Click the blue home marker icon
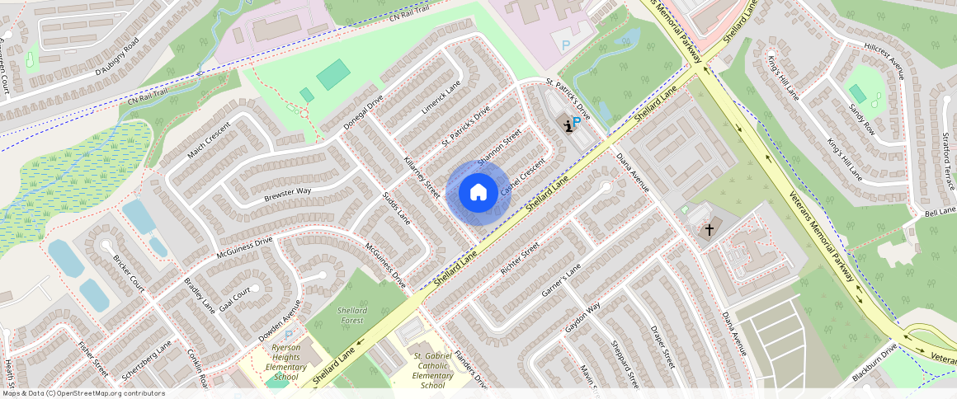(x=477, y=193)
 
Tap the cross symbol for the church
(x=709, y=230)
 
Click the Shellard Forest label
(x=352, y=315)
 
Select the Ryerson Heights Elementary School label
(x=285, y=363)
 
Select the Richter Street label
(x=519, y=257)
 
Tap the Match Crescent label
(x=208, y=143)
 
